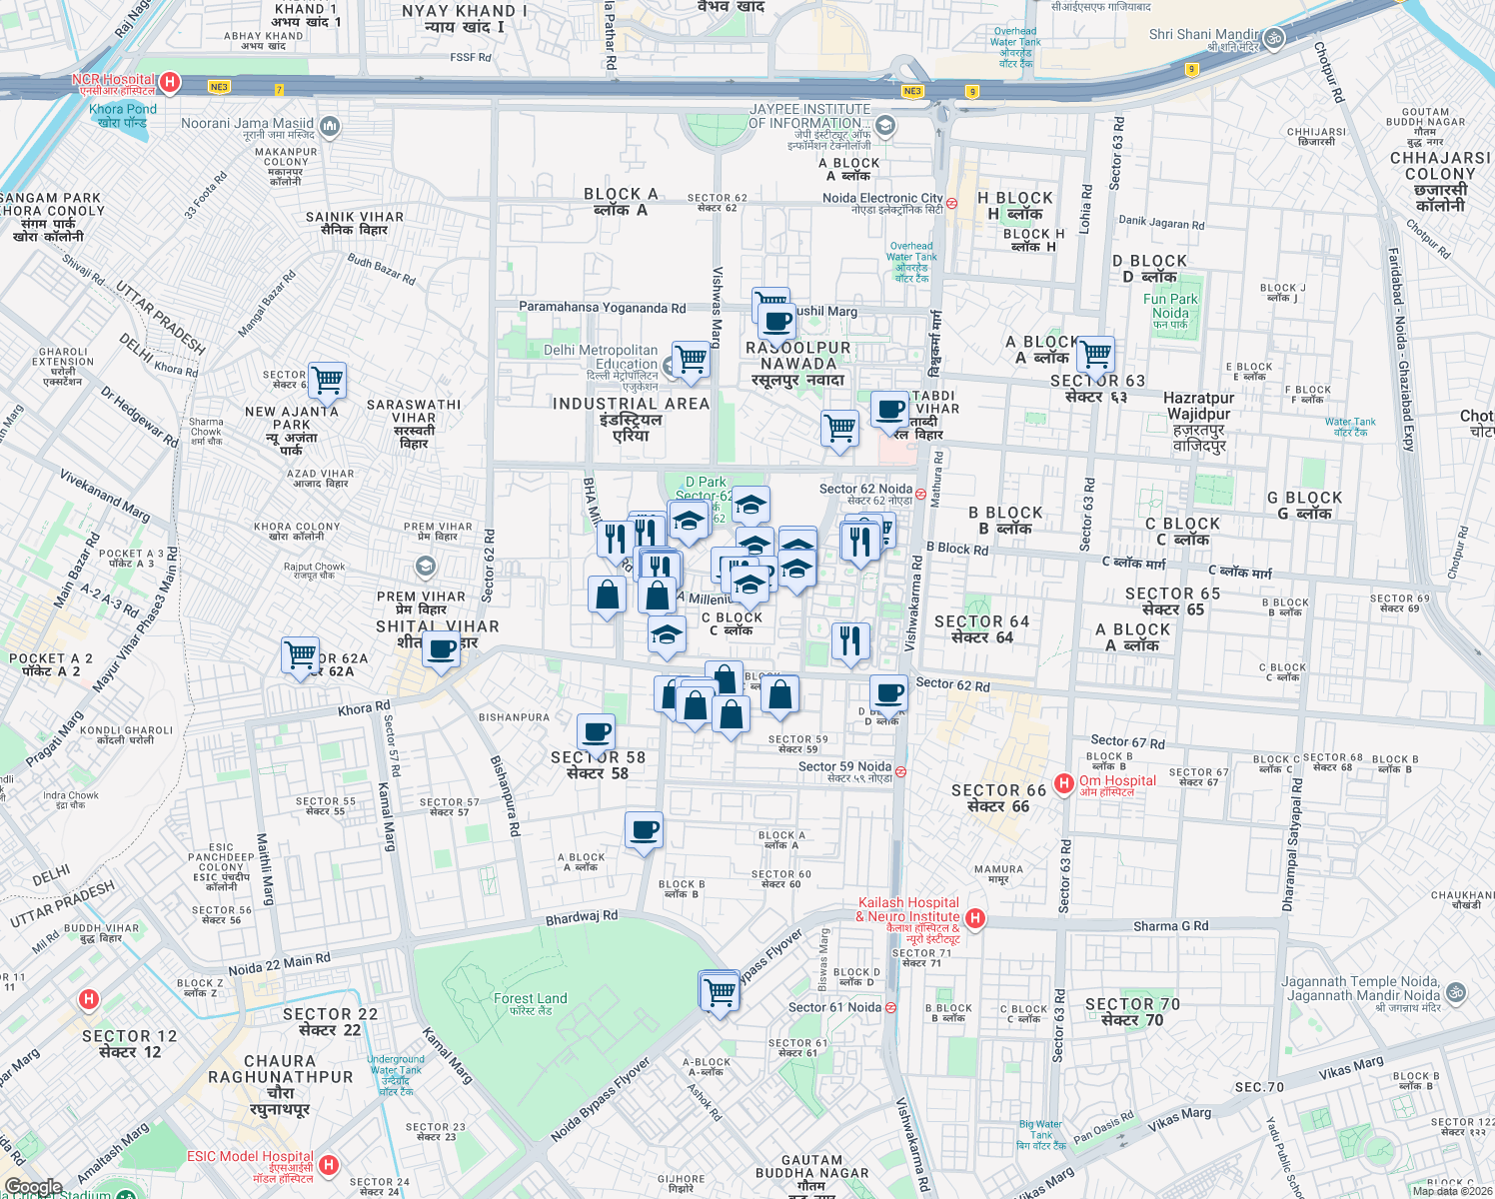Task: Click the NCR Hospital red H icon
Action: [x=170, y=82]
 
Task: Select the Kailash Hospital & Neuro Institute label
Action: [x=907, y=910]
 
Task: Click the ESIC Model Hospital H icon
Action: [x=329, y=1165]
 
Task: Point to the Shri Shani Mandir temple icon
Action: [x=1273, y=38]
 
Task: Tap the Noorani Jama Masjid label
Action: [x=247, y=124]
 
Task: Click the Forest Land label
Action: [x=530, y=998]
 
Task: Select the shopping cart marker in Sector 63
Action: [x=1095, y=354]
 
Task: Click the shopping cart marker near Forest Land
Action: [x=719, y=991]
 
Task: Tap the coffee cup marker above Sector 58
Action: [x=596, y=731]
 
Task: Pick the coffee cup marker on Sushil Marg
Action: [x=776, y=323]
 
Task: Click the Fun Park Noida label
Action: [x=1170, y=306]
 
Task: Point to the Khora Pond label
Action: [x=123, y=109]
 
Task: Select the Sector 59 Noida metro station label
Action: [x=844, y=766]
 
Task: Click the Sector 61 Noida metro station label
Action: [x=834, y=1007]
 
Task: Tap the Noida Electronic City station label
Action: [x=882, y=198]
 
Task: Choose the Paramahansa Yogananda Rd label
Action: [x=602, y=308]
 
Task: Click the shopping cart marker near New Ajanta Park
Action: [x=327, y=380]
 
